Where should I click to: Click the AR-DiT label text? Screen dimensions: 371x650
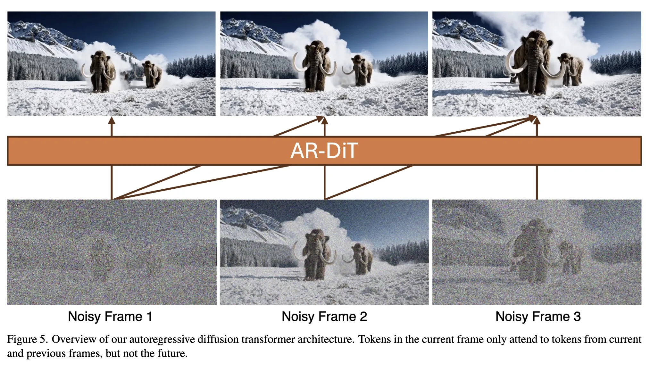point(324,151)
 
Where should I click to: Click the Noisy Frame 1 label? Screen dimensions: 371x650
point(110,317)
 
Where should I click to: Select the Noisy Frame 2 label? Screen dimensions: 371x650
point(324,317)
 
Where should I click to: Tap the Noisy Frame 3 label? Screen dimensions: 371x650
point(538,317)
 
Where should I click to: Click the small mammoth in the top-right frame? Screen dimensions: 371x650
point(571,69)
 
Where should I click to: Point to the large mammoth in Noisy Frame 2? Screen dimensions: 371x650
point(316,253)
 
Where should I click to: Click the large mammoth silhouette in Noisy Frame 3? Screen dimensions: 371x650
point(530,250)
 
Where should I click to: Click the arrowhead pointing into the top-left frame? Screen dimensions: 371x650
point(112,120)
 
